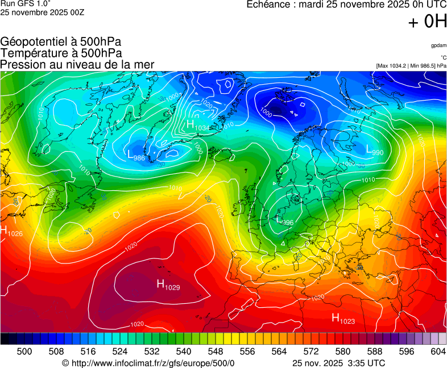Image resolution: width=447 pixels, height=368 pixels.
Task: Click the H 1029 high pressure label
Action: [168, 285]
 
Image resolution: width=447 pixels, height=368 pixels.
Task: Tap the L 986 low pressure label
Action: [135, 155]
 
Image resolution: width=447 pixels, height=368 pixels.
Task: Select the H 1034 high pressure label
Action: [198, 126]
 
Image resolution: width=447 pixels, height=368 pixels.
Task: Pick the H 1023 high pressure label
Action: [343, 319]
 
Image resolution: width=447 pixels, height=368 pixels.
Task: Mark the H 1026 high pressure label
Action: [11, 231]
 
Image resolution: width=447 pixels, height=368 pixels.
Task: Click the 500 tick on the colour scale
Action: [24, 352]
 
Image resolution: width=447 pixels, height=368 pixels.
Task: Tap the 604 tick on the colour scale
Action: [438, 352]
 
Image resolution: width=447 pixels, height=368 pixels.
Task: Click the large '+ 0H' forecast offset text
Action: [428, 22]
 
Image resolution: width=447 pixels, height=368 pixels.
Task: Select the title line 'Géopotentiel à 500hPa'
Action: [61, 42]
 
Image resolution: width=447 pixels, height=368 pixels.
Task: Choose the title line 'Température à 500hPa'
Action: [61, 53]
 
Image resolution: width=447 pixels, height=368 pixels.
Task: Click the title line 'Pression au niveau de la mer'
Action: [77, 64]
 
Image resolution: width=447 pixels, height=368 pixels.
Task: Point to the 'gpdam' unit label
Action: [438, 45]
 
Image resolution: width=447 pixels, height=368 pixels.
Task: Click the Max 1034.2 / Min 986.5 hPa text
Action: [411, 66]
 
